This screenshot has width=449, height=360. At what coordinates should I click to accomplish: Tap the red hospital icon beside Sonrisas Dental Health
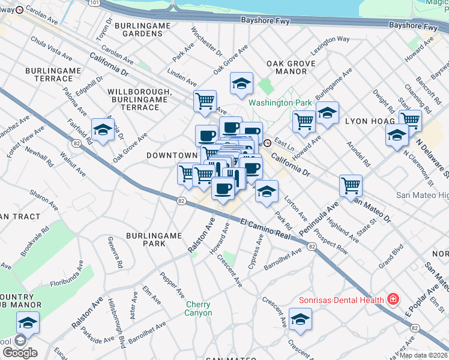point(393,299)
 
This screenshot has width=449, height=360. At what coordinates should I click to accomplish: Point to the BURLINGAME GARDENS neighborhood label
point(139,29)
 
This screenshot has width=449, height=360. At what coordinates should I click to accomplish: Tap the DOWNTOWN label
point(172,155)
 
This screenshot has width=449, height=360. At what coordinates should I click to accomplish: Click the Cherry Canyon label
point(198,308)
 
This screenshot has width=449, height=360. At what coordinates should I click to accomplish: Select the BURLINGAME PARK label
point(154,239)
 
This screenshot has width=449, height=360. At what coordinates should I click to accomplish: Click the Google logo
point(20,353)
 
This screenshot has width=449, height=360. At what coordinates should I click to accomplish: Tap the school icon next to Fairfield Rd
point(103,130)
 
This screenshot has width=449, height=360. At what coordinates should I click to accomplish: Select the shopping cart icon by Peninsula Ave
point(351,184)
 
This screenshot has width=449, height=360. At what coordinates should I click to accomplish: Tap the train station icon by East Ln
point(267,143)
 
